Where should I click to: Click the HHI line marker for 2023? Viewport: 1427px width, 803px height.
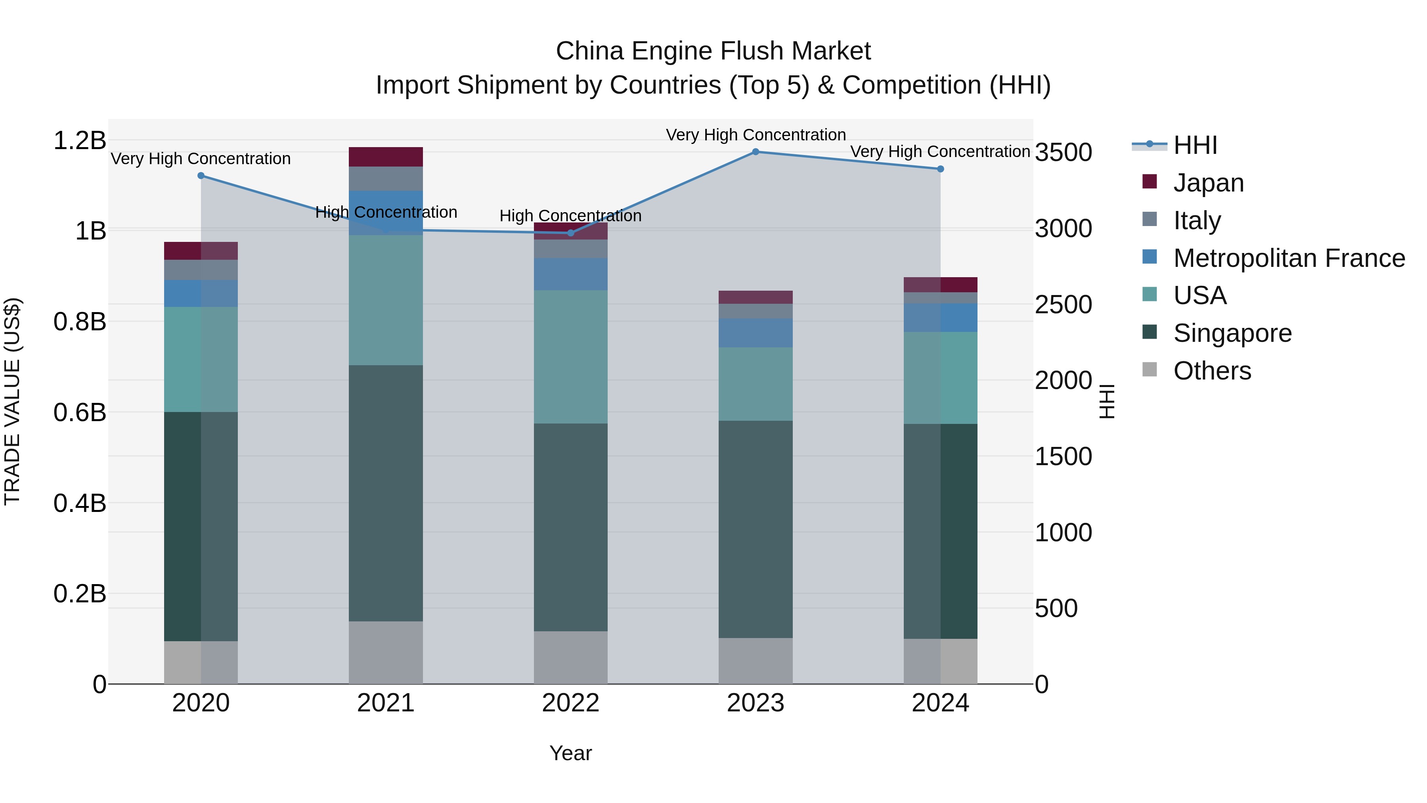point(756,151)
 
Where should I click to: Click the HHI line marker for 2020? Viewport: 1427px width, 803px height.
point(201,176)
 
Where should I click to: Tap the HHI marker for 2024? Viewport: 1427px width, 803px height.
point(940,169)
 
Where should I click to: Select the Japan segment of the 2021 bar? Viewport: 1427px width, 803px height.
point(386,157)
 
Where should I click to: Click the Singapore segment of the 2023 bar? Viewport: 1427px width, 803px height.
point(756,529)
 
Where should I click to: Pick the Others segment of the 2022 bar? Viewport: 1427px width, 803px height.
point(570,657)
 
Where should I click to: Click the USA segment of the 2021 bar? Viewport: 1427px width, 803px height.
point(386,300)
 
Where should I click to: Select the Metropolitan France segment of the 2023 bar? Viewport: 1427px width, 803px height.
point(756,333)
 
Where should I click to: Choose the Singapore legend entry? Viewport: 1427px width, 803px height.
point(1232,333)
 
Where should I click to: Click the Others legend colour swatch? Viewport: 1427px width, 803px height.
point(1150,370)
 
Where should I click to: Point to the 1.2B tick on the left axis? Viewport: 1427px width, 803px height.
point(79,141)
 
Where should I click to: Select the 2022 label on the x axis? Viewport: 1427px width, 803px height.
point(570,703)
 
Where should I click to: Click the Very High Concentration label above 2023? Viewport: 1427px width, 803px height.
point(756,135)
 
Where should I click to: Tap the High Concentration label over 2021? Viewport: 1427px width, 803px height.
point(386,212)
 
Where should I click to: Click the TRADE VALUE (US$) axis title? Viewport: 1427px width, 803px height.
point(12,401)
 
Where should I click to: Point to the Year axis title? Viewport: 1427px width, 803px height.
point(570,753)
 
